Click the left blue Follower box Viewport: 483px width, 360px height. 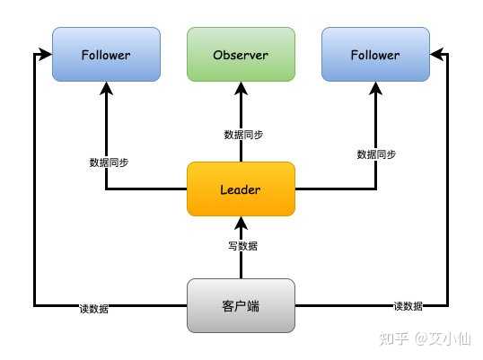click(106, 55)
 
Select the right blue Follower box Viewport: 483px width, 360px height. click(375, 55)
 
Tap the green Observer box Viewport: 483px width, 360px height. click(241, 55)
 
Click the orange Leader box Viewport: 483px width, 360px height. click(241, 189)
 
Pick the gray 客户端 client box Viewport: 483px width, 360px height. click(241, 305)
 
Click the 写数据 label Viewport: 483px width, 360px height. click(242, 246)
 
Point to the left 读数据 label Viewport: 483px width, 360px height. click(94, 309)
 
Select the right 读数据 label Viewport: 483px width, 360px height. click(408, 306)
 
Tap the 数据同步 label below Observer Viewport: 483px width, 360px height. click(243, 135)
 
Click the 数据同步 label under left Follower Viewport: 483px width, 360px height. click(109, 162)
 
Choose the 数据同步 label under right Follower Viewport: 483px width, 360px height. click(376, 154)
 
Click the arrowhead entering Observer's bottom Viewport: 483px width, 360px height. click(241, 88)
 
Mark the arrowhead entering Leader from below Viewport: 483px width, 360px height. click(241, 223)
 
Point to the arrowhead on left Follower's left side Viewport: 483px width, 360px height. click(45, 55)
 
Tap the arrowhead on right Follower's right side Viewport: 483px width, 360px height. click(437, 55)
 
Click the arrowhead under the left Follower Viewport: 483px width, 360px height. click(106, 88)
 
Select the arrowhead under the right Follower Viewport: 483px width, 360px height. click(375, 88)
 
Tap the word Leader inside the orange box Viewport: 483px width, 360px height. click(241, 189)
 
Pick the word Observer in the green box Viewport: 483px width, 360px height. click(241, 55)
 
